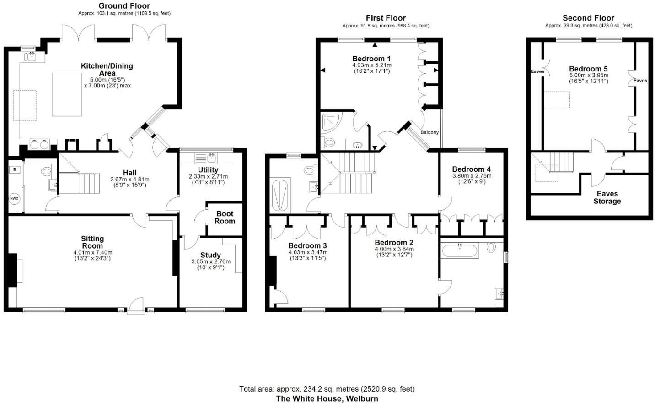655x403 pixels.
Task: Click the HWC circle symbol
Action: tap(14, 199)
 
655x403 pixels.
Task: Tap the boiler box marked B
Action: tap(15, 169)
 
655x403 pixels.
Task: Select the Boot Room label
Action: tap(225, 218)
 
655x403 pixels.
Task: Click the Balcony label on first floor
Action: tap(429, 132)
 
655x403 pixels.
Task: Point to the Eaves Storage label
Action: tap(607, 197)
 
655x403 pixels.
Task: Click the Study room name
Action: tap(210, 255)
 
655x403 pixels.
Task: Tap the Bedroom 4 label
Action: tap(471, 169)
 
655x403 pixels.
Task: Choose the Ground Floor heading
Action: tap(124, 6)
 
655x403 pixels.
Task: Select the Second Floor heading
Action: tap(588, 18)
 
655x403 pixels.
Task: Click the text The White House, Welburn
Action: tap(327, 398)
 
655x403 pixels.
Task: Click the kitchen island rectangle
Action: tap(67, 94)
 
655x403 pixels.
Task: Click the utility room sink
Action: tap(211, 158)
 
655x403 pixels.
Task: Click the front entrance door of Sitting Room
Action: tap(135, 307)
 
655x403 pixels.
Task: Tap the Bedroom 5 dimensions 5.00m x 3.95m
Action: tap(588, 76)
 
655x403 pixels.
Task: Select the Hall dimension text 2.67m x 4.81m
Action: tap(129, 180)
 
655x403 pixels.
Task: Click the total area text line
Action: tap(327, 389)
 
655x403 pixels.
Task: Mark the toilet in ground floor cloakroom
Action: tap(47, 171)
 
